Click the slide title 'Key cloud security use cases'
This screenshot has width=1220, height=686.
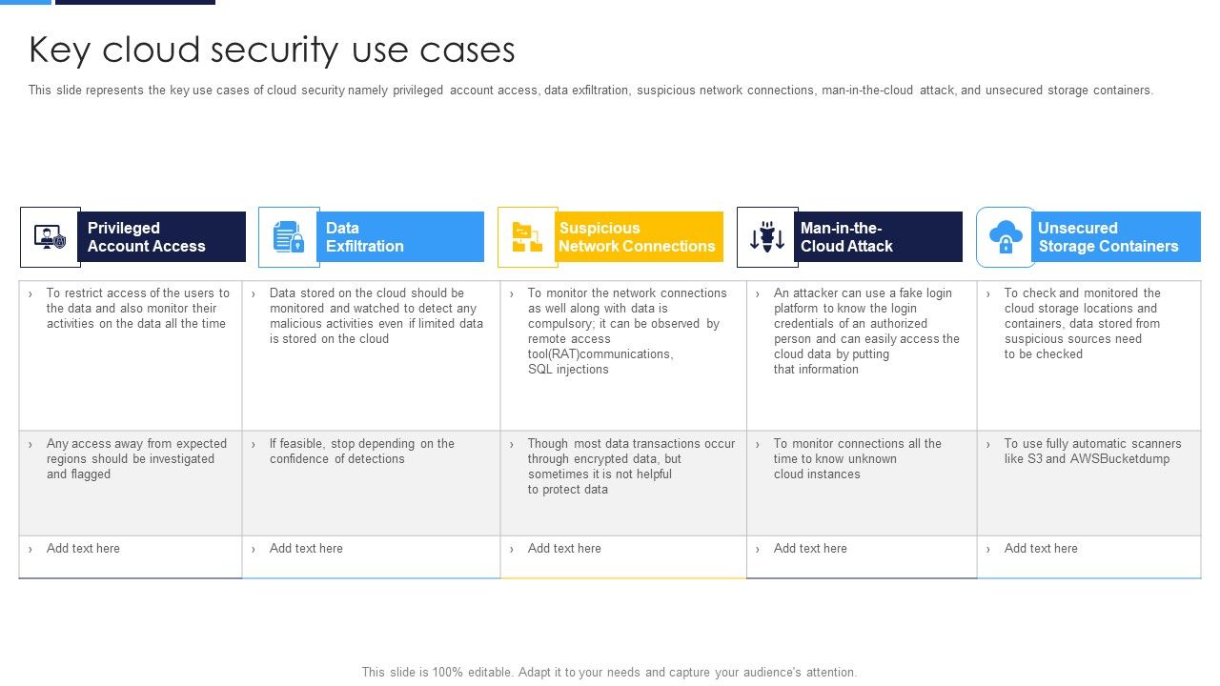pyautogui.click(x=272, y=50)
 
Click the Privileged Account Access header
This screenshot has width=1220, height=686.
pyautogui.click(x=160, y=237)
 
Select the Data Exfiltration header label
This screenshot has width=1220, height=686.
pyautogui.click(x=399, y=237)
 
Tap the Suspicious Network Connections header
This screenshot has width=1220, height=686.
pyautogui.click(x=638, y=237)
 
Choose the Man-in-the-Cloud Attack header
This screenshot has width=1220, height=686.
pyautogui.click(x=877, y=237)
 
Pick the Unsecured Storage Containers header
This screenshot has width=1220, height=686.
pyautogui.click(x=1116, y=237)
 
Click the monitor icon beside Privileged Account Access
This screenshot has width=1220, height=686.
pyautogui.click(x=51, y=237)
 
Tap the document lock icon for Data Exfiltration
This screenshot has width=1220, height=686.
pyautogui.click(x=289, y=237)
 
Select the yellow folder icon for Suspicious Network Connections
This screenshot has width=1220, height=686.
pyautogui.click(x=527, y=237)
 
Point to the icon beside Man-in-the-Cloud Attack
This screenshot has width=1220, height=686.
pyautogui.click(x=767, y=237)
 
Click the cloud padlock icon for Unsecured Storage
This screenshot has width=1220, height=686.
pyautogui.click(x=1006, y=237)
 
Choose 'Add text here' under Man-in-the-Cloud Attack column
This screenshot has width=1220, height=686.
pyautogui.click(x=810, y=549)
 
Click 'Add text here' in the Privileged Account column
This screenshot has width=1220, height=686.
pyautogui.click(x=83, y=549)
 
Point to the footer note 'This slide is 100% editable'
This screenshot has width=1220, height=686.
pyautogui.click(x=609, y=672)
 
